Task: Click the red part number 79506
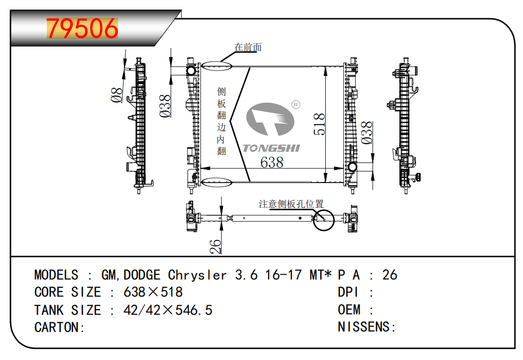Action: coord(82,28)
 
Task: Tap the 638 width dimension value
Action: coord(272,163)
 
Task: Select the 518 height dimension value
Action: coord(319,124)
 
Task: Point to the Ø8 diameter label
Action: coord(117,95)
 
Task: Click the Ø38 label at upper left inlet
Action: coord(165,106)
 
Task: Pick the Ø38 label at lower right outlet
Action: coord(367,133)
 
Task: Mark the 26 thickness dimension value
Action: coord(215,247)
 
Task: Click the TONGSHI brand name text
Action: coord(271,148)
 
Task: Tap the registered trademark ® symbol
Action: coord(296,105)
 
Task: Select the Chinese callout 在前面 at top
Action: coord(248,47)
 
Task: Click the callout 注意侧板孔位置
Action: coord(291,204)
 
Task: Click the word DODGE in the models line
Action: coord(142,275)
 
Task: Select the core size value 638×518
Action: coord(153,292)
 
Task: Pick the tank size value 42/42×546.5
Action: coord(168,310)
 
